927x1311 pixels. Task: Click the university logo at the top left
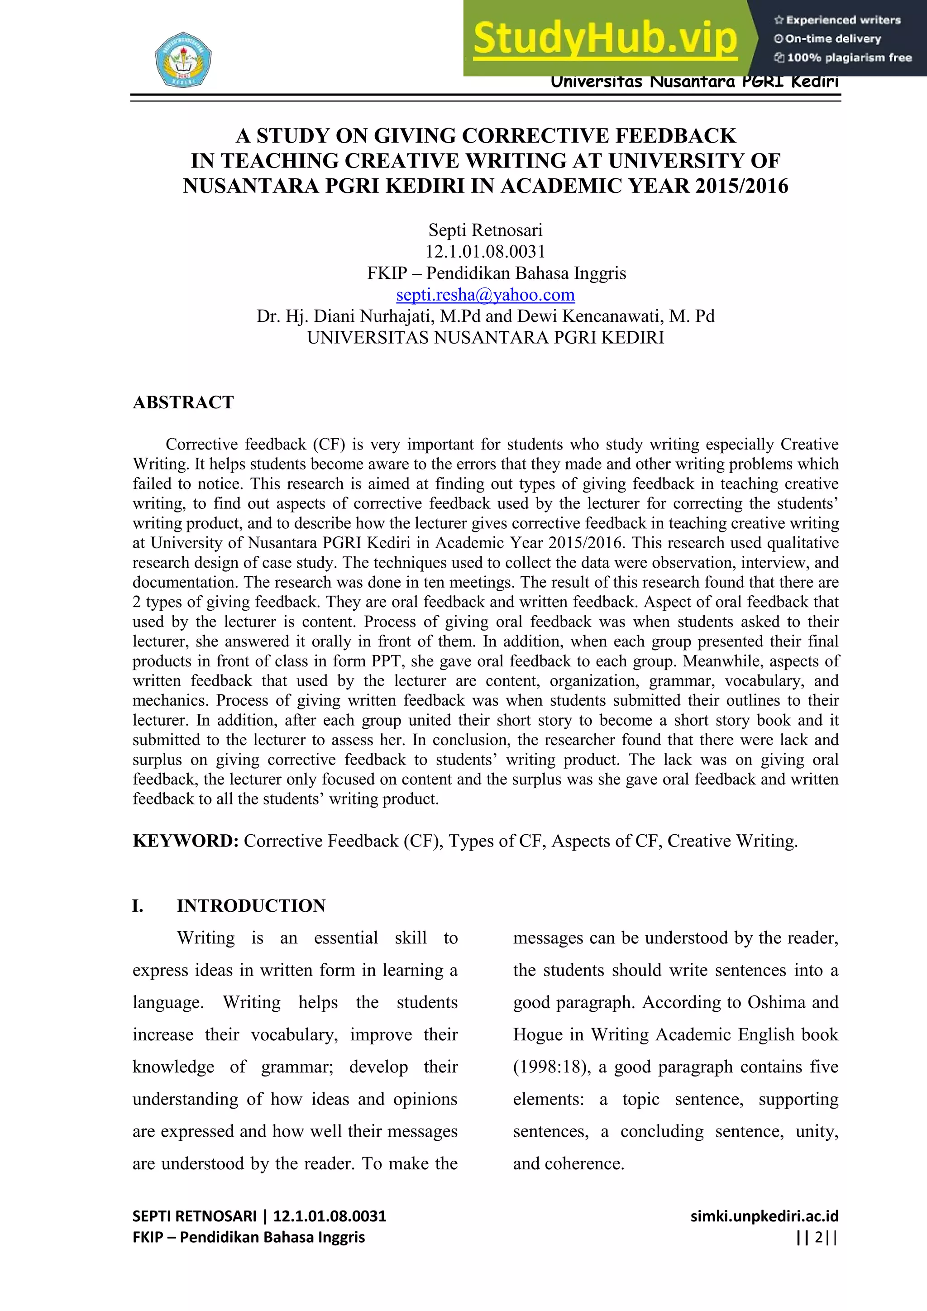[183, 59]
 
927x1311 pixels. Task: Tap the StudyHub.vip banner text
[605, 38]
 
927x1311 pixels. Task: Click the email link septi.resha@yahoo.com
[485, 295]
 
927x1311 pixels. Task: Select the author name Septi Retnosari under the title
[485, 230]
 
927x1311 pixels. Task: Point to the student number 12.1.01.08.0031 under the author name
[485, 251]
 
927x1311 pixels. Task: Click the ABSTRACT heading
[183, 402]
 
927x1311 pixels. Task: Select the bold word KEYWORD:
[186, 841]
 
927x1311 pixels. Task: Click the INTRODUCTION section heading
[251, 905]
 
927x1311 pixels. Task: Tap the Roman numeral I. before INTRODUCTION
[138, 905]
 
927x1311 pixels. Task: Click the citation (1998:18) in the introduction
[551, 1067]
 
